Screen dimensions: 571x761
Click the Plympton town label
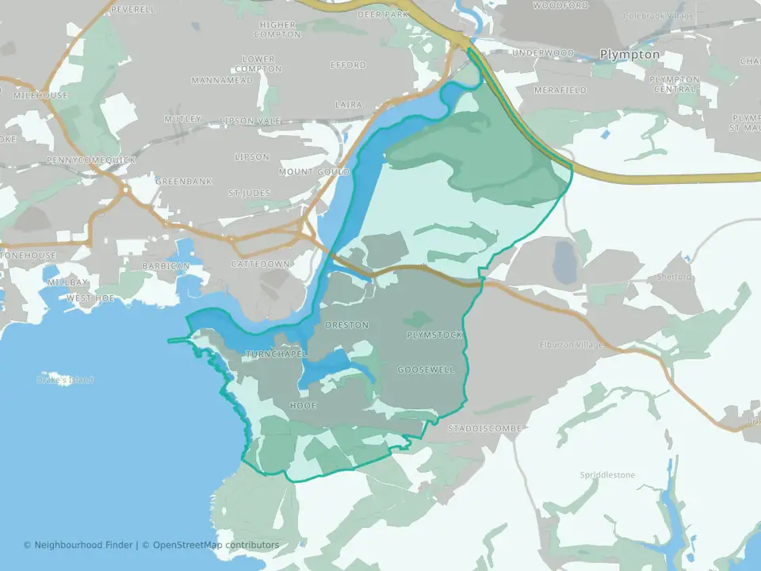629,54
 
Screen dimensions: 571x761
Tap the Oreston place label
346,325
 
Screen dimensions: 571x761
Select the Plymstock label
434,335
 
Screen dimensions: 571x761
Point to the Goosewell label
426,370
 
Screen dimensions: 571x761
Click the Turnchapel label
275,354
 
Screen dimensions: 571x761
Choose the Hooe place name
303,405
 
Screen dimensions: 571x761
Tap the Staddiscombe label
484,428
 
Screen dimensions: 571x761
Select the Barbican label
166,265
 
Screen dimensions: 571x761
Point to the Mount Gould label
314,171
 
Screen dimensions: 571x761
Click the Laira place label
349,104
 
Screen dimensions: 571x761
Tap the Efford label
348,65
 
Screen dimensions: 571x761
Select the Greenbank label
184,181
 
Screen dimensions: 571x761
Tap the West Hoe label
91,297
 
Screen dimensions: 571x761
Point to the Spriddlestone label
607,475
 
